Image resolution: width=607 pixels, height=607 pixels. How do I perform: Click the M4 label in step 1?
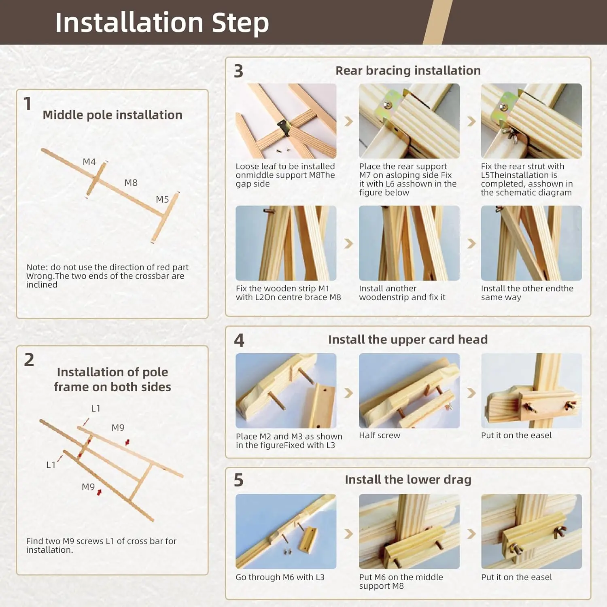[89, 162]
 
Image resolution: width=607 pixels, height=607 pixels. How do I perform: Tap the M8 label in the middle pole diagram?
[131, 183]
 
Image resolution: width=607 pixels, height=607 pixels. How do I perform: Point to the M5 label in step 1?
[162, 200]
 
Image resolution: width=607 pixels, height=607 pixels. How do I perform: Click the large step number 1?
[28, 104]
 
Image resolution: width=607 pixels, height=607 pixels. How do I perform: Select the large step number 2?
[29, 360]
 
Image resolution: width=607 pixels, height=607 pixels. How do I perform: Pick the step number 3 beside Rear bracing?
[239, 71]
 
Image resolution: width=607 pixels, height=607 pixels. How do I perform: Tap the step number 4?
[239, 340]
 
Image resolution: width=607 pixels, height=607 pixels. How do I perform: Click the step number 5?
[239, 480]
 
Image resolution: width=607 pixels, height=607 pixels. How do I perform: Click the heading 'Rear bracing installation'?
[408, 70]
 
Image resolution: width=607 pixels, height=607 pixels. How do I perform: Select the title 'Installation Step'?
[162, 23]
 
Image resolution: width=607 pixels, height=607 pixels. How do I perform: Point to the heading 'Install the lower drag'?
[408, 480]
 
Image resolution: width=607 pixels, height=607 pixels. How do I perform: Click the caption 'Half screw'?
[380, 435]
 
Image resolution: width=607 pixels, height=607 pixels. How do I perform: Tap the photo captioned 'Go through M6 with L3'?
[286, 531]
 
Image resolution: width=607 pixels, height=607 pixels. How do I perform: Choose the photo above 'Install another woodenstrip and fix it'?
[409, 243]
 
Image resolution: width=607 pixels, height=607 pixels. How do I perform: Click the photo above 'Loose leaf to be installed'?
[286, 121]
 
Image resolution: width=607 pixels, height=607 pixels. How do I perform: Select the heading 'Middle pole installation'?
[112, 115]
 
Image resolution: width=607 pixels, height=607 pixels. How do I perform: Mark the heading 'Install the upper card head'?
[408, 340]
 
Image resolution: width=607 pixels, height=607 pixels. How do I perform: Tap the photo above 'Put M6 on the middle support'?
[409, 531]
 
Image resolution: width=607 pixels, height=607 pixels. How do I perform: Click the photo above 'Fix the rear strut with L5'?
[531, 121]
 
